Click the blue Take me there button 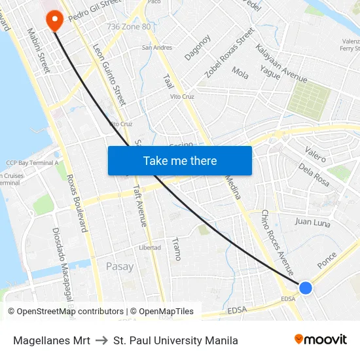180,160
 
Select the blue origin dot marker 305,287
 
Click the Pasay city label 120,266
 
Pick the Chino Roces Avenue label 278,242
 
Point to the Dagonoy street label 197,48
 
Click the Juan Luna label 312,221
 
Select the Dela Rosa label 314,175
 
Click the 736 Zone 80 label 128,27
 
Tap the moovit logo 321,339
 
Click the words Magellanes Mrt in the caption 52,340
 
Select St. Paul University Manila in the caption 175,340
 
